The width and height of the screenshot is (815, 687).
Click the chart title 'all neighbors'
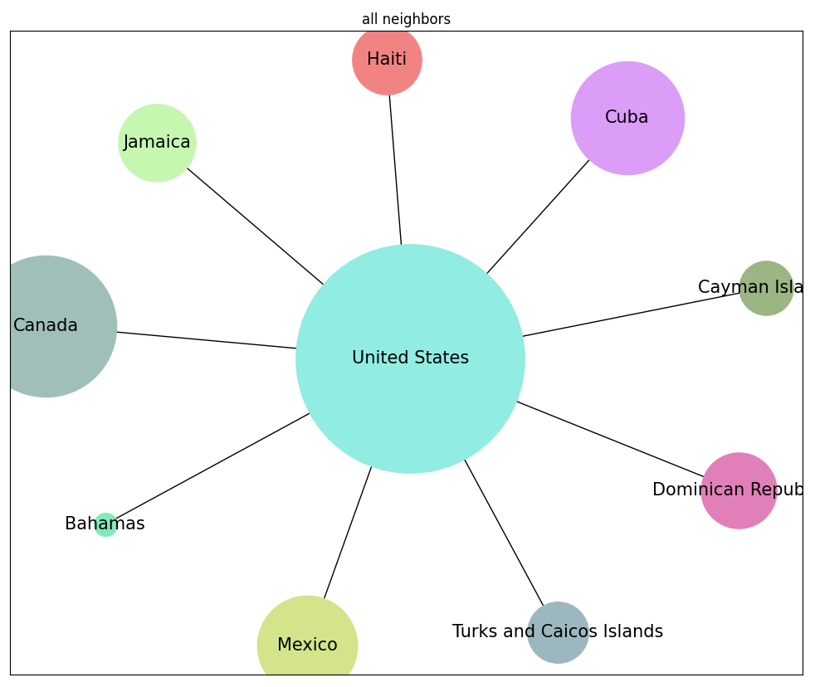coord(406,19)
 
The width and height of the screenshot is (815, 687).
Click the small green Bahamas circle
coord(105,525)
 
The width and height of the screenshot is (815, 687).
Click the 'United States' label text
coord(410,358)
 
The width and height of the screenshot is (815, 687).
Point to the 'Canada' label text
coord(46,326)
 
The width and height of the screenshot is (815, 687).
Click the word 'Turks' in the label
coord(474,632)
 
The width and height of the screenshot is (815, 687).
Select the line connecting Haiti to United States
coord(395,169)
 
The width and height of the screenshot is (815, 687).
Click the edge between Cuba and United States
coord(538,217)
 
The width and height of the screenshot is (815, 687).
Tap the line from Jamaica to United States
coord(255,226)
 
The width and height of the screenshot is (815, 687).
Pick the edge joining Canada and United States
coord(206,340)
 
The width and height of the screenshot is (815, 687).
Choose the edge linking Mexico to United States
coord(348,532)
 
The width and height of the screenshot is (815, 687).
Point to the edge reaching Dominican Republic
coord(610,439)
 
